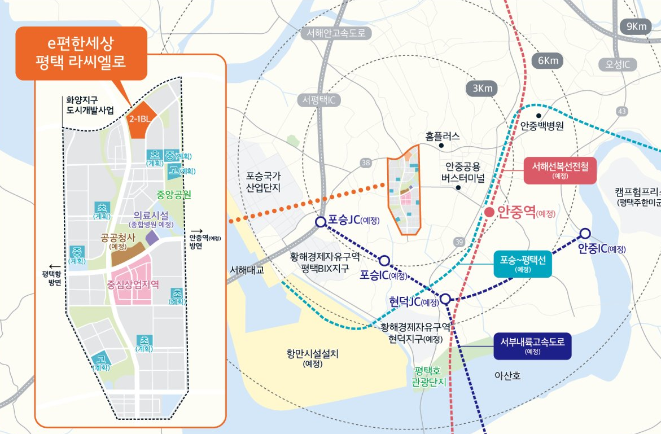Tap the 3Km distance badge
coord(483,88)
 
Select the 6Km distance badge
coord(548,60)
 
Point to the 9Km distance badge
coord(635,27)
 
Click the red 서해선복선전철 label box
coord(560,170)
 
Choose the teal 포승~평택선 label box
coord(522,264)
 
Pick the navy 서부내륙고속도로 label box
coord(532,345)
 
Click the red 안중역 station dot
coord(489,212)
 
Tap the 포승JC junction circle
coord(321,222)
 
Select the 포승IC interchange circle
coord(384,260)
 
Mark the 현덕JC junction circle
coord(445,299)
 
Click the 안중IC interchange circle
coord(585,233)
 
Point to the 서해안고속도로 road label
coord(336,33)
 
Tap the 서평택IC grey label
coord(319,100)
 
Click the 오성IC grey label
coord(618,64)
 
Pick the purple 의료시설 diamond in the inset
coord(152,237)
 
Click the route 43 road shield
coord(623,112)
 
